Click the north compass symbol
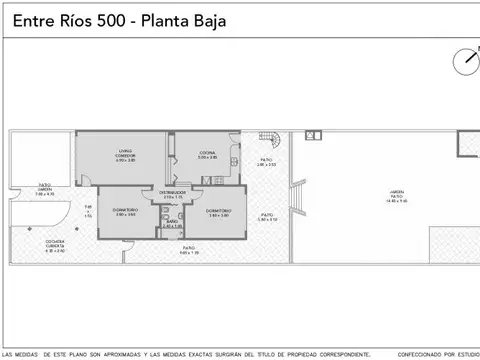pyautogui.click(x=465, y=60)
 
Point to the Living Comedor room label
pyautogui.click(x=125, y=155)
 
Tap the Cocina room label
pyautogui.click(x=207, y=155)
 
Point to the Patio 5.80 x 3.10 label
pyautogui.click(x=267, y=217)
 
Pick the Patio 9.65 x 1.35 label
pyautogui.click(x=189, y=249)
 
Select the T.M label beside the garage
pyautogui.click(x=87, y=208)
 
